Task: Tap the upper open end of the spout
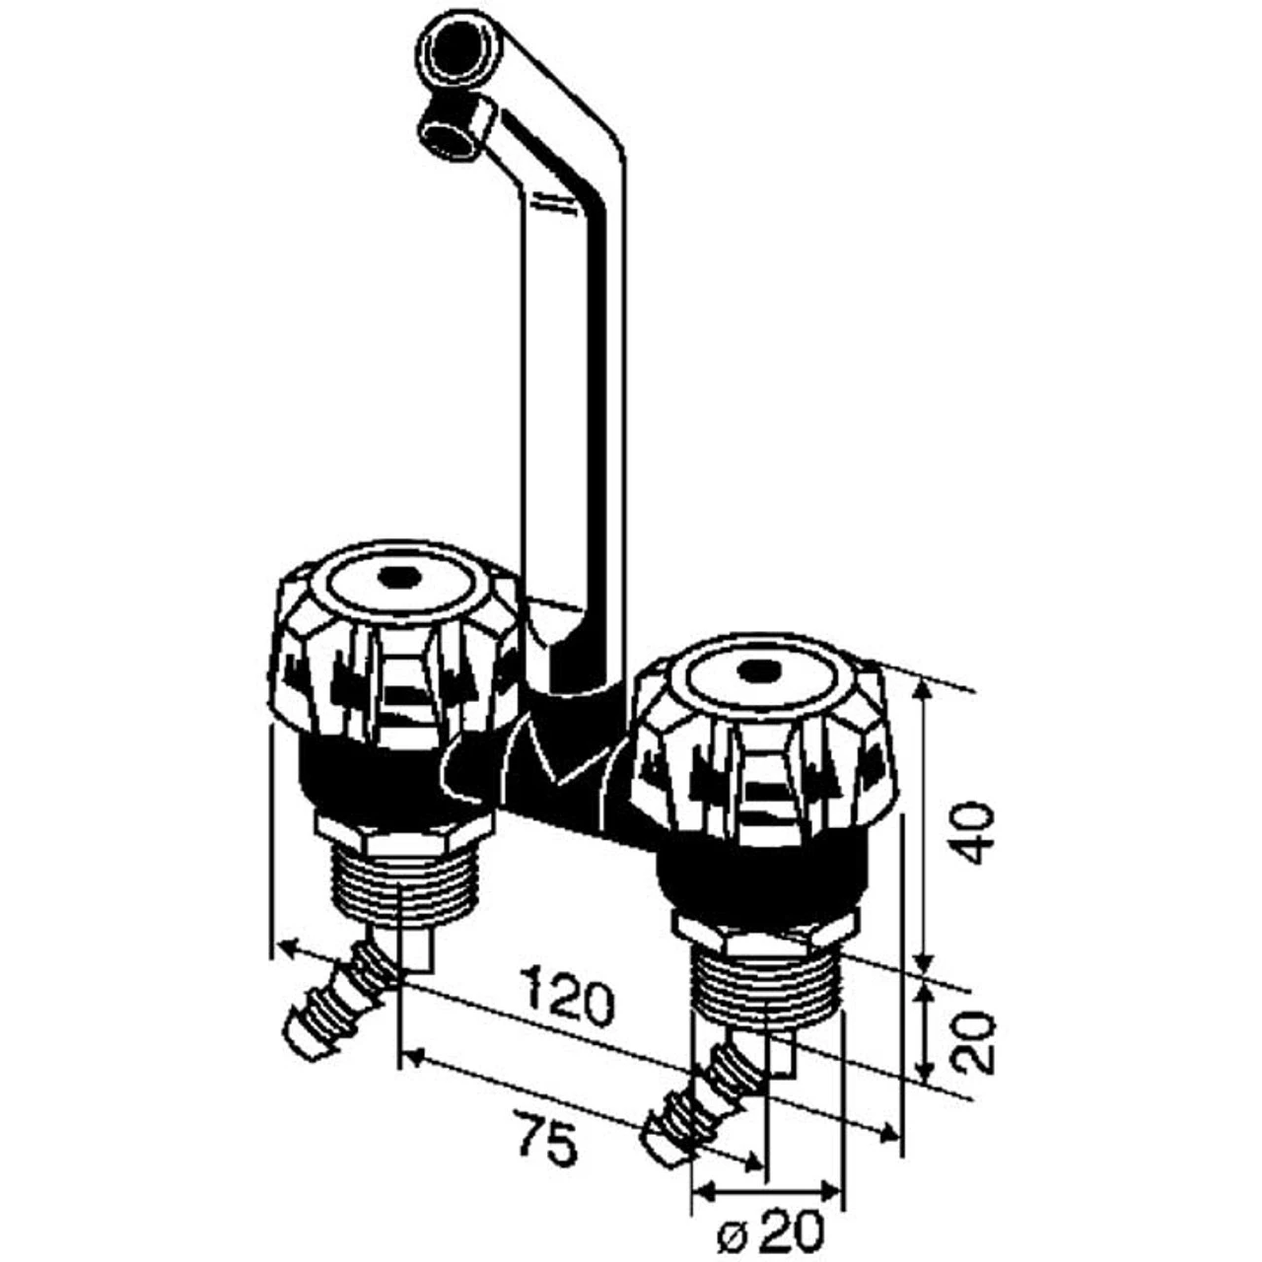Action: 456,50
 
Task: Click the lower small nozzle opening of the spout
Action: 450,135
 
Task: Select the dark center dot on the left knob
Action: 399,578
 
